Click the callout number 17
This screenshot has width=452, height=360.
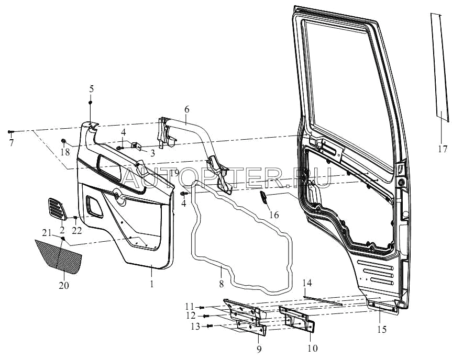click(443, 149)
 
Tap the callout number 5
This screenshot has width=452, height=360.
click(91, 89)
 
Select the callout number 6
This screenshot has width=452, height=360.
click(186, 110)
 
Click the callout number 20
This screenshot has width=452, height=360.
click(64, 286)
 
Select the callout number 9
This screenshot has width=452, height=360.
click(245, 347)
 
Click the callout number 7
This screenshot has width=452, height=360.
click(11, 142)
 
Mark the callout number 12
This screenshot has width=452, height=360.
click(191, 316)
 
